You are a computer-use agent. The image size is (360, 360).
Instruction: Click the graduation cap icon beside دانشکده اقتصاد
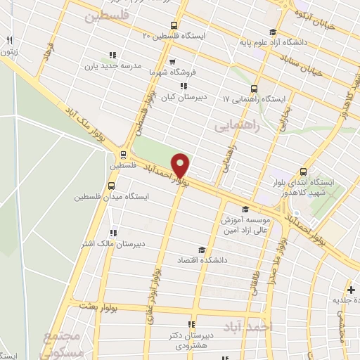pos(202,250)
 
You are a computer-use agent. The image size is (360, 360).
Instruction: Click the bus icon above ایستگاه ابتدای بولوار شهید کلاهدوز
pos(304,171)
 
